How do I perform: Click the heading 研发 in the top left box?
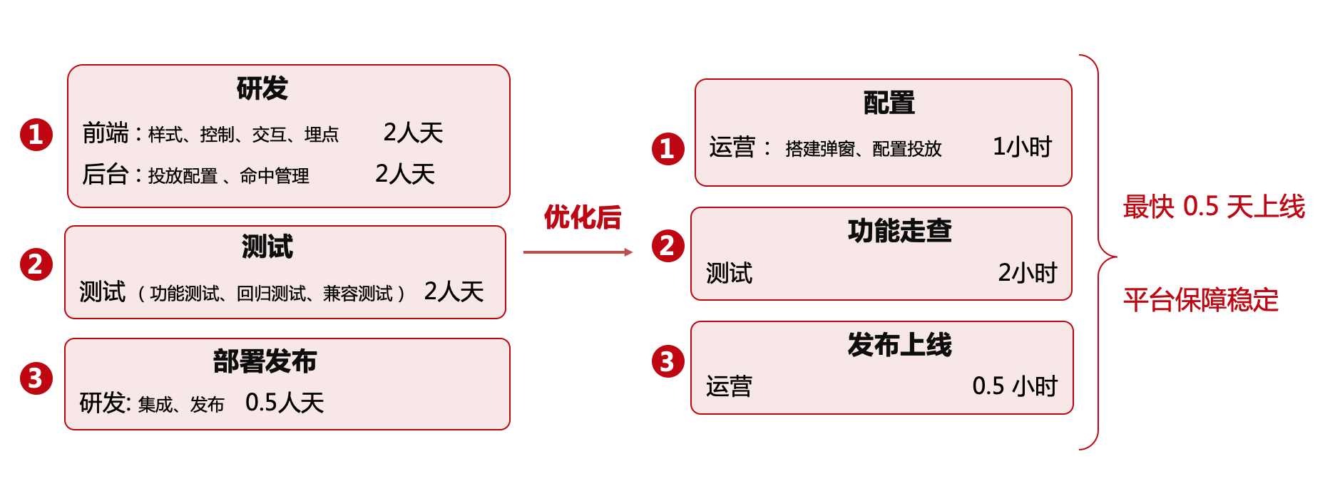click(262, 89)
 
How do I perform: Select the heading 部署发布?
click(265, 361)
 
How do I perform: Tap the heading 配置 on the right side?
click(889, 103)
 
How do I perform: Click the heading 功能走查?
click(899, 231)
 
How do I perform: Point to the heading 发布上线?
click(899, 345)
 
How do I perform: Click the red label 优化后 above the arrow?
click(583, 217)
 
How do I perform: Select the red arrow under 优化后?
click(578, 252)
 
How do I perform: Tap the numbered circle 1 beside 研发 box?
click(36, 135)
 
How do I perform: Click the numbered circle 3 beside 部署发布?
click(36, 378)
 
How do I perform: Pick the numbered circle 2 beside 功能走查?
click(667, 246)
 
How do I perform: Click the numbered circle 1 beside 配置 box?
click(667, 149)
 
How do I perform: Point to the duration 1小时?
click(1022, 147)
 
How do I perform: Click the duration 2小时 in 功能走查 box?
click(1027, 273)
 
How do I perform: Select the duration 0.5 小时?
click(1014, 386)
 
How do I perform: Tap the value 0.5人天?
click(285, 403)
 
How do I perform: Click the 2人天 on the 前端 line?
click(413, 133)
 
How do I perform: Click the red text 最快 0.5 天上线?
click(1213, 207)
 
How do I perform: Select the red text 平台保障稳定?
click(1201, 300)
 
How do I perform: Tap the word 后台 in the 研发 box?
click(105, 175)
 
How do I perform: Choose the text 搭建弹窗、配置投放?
click(863, 149)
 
